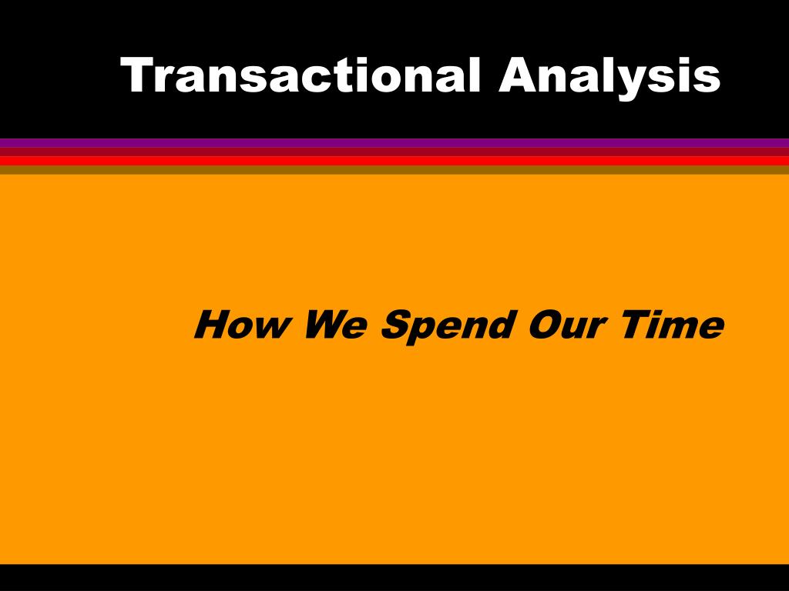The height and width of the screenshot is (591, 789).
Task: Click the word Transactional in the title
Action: [x=300, y=75]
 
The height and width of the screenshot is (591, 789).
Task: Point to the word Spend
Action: [x=448, y=326]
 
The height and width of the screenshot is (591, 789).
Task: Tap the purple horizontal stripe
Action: [x=394, y=142]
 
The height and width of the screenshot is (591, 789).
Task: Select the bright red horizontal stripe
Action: [x=394, y=161]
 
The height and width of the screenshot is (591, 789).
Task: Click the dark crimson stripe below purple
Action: [x=394, y=152]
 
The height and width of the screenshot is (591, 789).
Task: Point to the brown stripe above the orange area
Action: [x=394, y=170]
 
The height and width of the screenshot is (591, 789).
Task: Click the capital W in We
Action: [x=323, y=325]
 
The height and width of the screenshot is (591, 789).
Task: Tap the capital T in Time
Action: [x=636, y=325]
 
